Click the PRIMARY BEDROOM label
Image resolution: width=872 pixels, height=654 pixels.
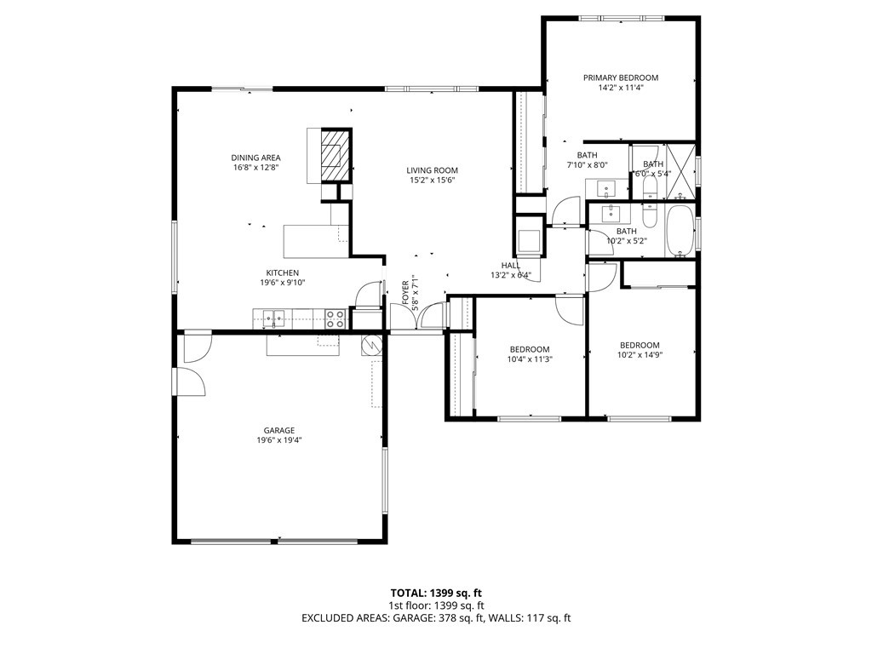click(x=620, y=77)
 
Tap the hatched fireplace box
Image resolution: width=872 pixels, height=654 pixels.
click(x=334, y=155)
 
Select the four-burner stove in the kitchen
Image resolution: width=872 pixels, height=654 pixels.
click(x=335, y=319)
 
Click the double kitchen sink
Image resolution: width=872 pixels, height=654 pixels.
click(x=275, y=319)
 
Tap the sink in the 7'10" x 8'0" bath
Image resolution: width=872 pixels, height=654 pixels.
click(x=607, y=187)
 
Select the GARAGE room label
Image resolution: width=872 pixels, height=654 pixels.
click(x=278, y=430)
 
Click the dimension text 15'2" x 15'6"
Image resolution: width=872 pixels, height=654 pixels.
click(x=432, y=180)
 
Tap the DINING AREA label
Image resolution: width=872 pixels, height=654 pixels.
click(x=255, y=158)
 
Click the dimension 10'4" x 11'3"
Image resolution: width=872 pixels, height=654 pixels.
click(x=530, y=359)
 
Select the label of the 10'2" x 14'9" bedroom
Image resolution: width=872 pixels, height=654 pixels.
click(x=640, y=345)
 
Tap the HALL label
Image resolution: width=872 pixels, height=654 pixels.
click(x=510, y=265)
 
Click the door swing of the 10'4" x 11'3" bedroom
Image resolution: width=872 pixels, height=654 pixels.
click(x=567, y=308)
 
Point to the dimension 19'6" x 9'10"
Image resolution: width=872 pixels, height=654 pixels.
click(x=280, y=283)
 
